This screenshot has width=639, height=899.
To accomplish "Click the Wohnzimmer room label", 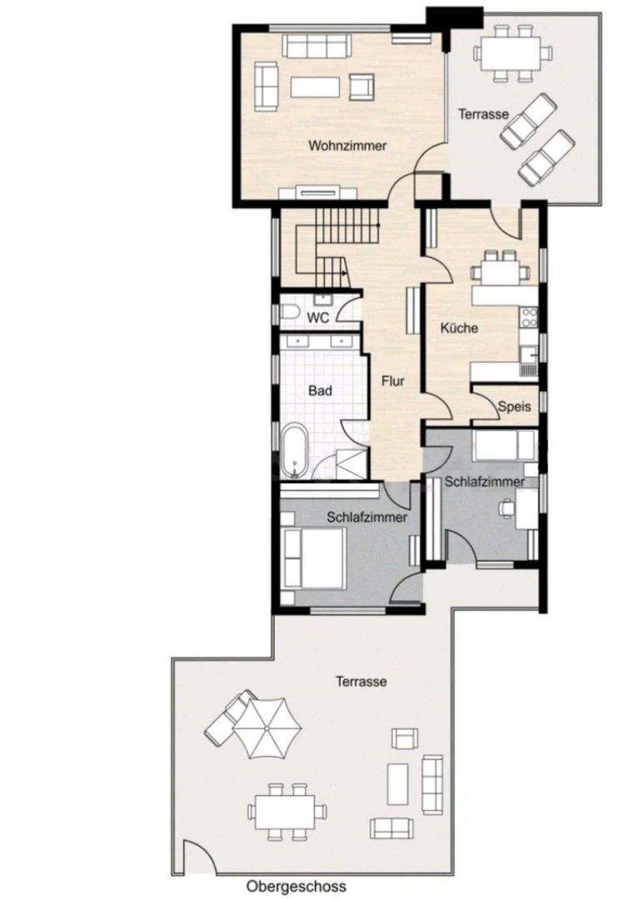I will click(x=347, y=146).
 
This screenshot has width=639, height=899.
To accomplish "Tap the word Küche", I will click(x=459, y=328).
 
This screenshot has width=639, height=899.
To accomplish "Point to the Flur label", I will click(x=392, y=382).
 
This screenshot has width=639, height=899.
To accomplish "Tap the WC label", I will click(x=318, y=317).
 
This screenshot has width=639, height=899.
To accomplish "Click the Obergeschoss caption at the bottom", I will click(x=296, y=887).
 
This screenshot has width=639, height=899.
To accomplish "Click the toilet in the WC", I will click(x=288, y=313).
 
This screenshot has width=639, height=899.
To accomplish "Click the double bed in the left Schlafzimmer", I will click(x=314, y=557).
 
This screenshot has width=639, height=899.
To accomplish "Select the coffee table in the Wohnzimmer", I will click(x=317, y=87).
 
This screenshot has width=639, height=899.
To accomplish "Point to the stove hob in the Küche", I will click(x=528, y=317).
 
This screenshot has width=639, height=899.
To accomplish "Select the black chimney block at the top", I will click(x=453, y=16).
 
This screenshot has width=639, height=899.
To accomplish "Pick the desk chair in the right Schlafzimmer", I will click(x=507, y=508).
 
